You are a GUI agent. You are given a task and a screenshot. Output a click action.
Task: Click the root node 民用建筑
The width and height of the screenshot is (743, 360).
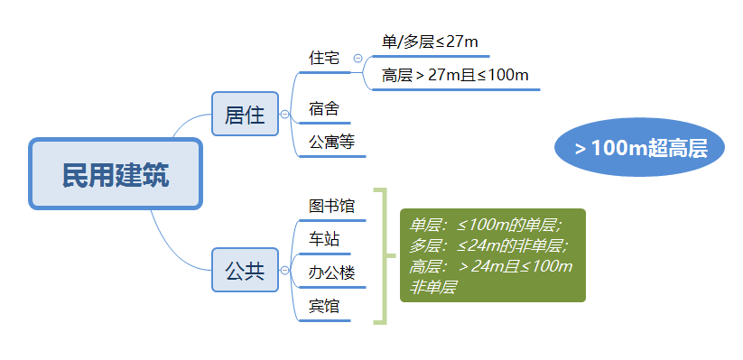click(116, 174)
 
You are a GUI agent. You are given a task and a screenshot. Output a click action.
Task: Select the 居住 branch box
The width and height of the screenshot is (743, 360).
click(245, 115)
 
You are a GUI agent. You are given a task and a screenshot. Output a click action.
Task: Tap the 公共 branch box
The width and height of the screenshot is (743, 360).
click(245, 270)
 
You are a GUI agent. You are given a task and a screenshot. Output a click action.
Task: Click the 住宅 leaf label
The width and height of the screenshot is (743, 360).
click(324, 58)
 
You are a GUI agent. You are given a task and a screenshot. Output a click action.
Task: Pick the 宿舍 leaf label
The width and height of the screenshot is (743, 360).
click(324, 109)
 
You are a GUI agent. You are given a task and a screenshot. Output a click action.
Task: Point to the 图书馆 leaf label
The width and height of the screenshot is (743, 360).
click(331, 206)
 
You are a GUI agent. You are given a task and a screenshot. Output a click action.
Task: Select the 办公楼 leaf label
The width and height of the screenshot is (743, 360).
click(331, 272)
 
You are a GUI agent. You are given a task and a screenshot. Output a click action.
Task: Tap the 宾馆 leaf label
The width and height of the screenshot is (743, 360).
click(324, 306)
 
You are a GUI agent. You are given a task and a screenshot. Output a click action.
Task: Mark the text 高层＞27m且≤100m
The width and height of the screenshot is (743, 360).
click(455, 75)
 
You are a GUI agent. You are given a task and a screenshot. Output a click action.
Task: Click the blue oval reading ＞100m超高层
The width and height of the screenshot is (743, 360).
click(640, 148)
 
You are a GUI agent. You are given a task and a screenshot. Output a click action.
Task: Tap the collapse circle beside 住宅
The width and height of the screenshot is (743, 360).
click(358, 58)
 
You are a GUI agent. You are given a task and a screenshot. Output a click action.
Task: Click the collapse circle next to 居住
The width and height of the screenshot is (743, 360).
click(285, 115)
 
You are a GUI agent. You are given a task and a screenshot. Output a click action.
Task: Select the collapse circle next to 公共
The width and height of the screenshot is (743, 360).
click(285, 270)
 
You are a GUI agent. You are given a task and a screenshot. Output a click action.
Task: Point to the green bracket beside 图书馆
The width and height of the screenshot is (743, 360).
click(384, 256)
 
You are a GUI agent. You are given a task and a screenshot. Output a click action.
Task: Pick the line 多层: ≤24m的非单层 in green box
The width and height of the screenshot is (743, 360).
click(489, 245)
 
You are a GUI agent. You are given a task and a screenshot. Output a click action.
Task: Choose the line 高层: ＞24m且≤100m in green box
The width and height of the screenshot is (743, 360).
click(491, 266)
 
